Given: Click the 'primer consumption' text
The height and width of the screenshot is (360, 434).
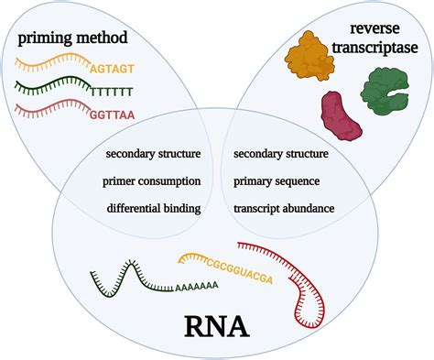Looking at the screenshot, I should tap(154, 180).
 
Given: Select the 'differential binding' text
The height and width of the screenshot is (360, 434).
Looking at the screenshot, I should tap(154, 208).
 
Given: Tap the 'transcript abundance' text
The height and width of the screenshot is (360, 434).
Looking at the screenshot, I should tap(285, 208).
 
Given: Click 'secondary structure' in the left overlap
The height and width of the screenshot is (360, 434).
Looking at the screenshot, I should tap(154, 153).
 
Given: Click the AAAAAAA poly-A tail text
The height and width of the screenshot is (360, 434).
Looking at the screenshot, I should tap(193, 286).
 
